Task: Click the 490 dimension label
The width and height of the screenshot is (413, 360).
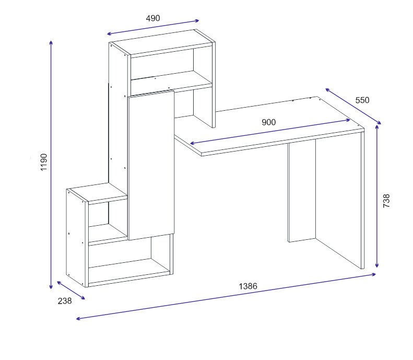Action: pyautogui.click(x=153, y=18)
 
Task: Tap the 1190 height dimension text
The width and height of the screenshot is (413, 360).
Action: pyautogui.click(x=44, y=162)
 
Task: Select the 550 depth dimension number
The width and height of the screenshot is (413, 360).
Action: pyautogui.click(x=362, y=100)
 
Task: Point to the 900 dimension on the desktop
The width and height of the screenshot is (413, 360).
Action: pyautogui.click(x=269, y=122)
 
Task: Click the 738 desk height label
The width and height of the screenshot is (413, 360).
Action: pyautogui.click(x=386, y=201)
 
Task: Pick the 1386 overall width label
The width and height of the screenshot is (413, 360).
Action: pyautogui.click(x=248, y=286)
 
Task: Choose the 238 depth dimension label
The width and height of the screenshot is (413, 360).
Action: pyautogui.click(x=65, y=301)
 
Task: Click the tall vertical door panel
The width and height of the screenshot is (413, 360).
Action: pyautogui.click(x=151, y=165)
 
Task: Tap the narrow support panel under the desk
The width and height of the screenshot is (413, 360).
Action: pyautogui.click(x=302, y=192)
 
